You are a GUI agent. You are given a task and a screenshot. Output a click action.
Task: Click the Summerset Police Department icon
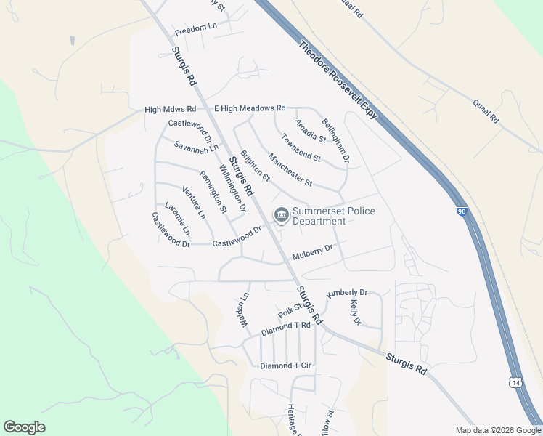point(280,214)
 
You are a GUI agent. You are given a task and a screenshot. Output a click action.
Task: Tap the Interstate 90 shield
point(462,211)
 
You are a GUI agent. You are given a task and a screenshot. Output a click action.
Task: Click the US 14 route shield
point(515,382)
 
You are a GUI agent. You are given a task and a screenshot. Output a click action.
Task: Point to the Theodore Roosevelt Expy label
point(338,81)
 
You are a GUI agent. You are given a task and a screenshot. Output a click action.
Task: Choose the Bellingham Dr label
point(336,140)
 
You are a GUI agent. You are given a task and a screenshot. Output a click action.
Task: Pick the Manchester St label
point(290,169)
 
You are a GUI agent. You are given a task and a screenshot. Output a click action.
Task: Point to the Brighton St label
point(255,166)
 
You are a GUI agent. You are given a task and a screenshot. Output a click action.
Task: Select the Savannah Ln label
point(196,147)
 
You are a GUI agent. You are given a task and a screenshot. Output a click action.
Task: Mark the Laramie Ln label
point(177,218)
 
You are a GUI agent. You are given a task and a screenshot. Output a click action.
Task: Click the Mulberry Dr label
point(312,252)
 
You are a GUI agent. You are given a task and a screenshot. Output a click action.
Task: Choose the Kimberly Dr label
point(347,293)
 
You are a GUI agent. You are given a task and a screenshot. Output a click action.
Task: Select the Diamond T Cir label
point(285,366)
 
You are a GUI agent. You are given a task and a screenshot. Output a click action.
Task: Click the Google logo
point(25,427)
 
